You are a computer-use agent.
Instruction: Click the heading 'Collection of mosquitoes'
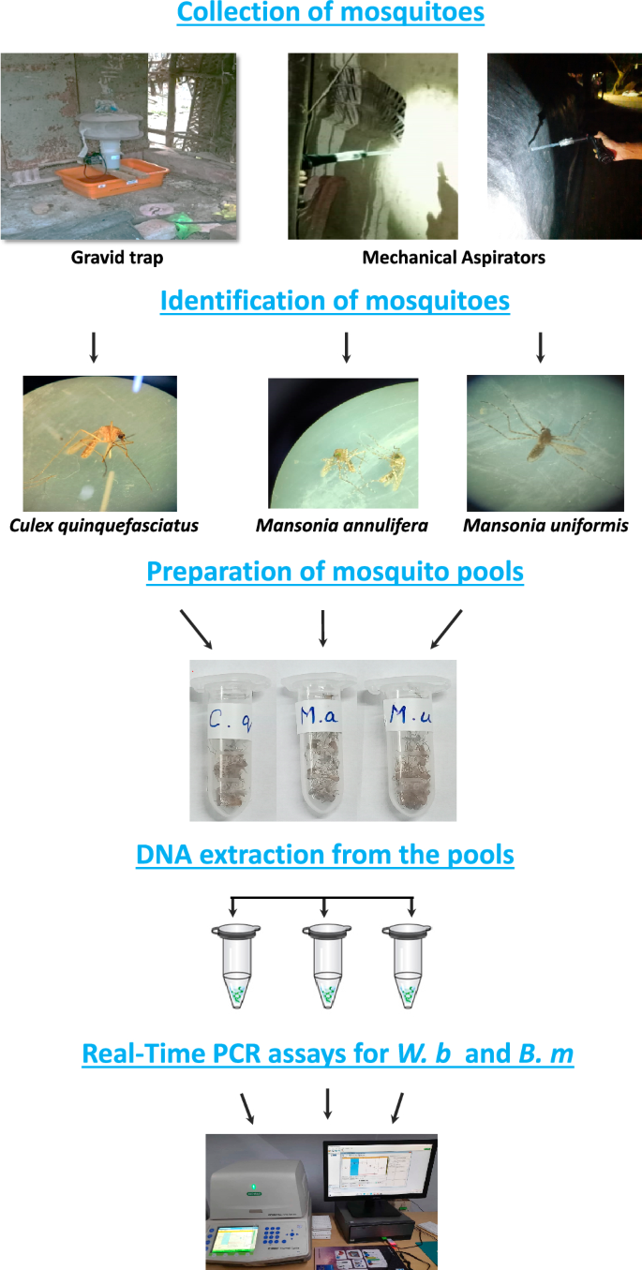coord(330,14)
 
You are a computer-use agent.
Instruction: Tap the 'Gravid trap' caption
coord(111,257)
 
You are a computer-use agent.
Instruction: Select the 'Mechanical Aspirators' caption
coord(453,257)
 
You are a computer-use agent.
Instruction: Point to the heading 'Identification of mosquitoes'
coord(335,302)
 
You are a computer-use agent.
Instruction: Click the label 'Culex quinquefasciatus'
coord(103,526)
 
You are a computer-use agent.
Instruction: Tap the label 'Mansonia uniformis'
coord(545,526)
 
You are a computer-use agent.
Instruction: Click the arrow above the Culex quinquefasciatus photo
coord(93,349)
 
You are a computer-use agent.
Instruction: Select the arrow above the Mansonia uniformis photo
coord(540,349)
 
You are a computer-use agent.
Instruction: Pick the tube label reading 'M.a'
coord(321,719)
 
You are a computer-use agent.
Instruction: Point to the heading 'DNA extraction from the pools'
coord(324,855)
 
